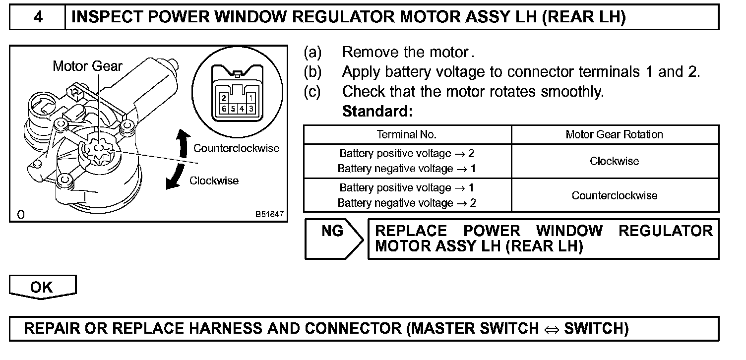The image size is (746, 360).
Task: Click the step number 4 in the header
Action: (x=38, y=17)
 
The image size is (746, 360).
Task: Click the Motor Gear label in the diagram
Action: (x=87, y=66)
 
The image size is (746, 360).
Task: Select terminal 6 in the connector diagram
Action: (x=225, y=108)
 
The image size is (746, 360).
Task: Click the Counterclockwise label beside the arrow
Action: (x=236, y=148)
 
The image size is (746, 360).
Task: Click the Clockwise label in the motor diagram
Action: (x=214, y=180)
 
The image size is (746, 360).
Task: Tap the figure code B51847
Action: (x=269, y=214)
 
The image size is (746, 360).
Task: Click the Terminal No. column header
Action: (x=407, y=134)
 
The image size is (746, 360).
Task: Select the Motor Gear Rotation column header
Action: (x=614, y=134)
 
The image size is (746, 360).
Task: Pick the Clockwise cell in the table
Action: (x=614, y=161)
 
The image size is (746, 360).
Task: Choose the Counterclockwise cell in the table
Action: (x=614, y=195)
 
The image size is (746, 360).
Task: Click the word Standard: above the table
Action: (x=377, y=111)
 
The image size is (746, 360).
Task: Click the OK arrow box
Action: (x=42, y=287)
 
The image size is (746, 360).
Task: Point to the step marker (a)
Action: (x=312, y=52)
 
